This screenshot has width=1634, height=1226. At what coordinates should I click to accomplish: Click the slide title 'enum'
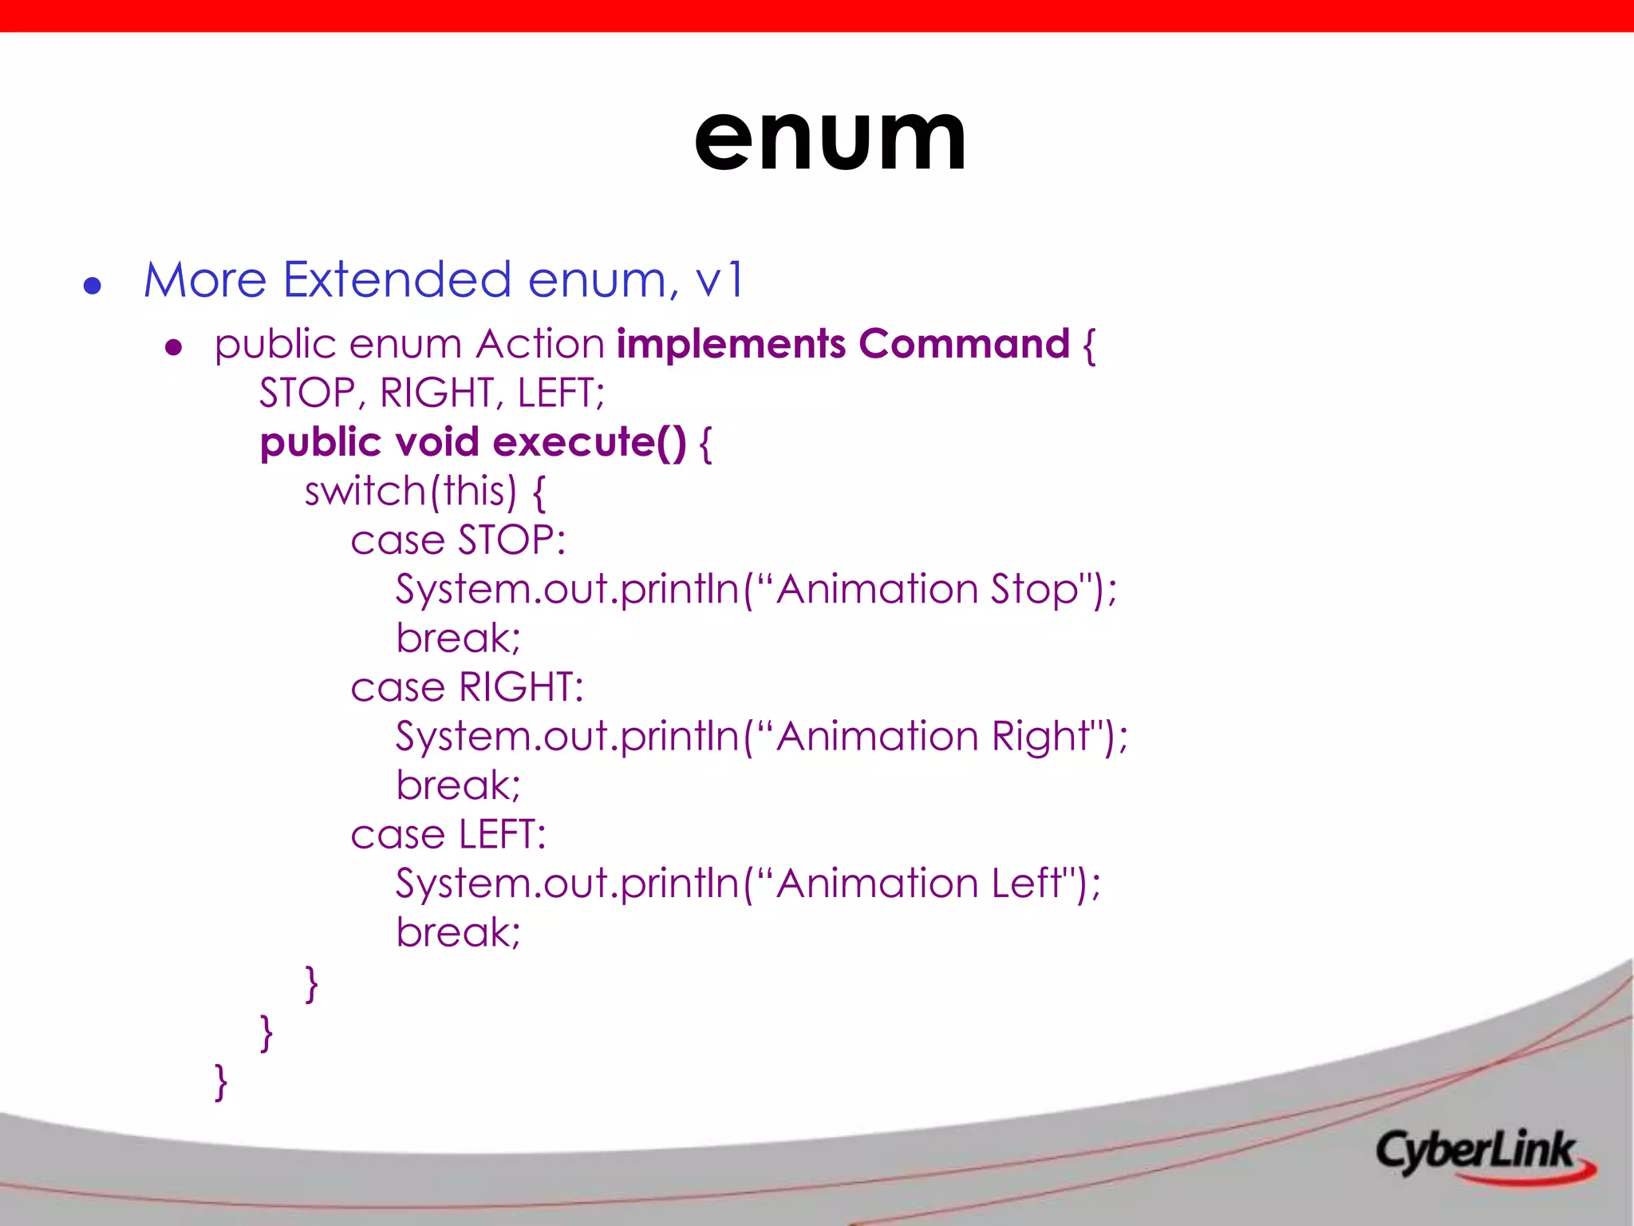tap(830, 140)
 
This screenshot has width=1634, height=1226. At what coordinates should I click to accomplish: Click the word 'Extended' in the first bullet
tap(397, 280)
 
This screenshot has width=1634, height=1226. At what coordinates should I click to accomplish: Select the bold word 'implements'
tap(731, 345)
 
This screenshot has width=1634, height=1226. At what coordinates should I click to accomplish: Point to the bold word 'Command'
tap(964, 345)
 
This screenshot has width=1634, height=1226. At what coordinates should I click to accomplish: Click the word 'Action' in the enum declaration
tap(540, 345)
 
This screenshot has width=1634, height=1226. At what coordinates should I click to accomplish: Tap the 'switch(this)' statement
tap(411, 491)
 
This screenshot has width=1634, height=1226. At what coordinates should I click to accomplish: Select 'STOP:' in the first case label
tap(511, 540)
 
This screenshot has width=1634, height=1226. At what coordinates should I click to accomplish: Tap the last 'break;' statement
tap(458, 932)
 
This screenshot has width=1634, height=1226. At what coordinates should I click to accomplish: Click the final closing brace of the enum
tap(221, 1082)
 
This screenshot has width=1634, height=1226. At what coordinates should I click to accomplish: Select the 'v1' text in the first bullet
tap(720, 280)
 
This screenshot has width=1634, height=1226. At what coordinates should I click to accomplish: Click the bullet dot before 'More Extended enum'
tap(93, 286)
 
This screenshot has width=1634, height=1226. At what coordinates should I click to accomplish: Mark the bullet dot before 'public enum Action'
tap(174, 348)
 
